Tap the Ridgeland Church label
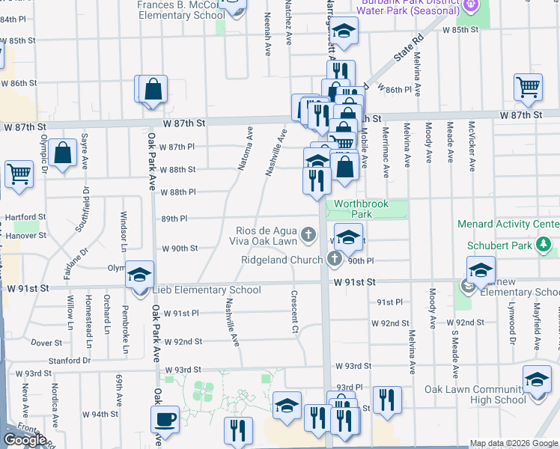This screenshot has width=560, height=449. point(282,260)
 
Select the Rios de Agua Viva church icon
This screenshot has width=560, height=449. point(308,236)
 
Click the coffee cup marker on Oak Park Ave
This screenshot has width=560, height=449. point(165,421)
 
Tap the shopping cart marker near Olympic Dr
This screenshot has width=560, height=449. point(19,174)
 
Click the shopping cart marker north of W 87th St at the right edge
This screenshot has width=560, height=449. point(528,88)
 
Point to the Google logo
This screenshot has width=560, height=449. point(25,440)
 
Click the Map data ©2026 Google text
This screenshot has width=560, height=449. point(514,443)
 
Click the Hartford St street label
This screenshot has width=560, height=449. point(21,217)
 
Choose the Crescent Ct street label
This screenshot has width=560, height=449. point(295,312)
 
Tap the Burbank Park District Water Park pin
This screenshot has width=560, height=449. point(470,6)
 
